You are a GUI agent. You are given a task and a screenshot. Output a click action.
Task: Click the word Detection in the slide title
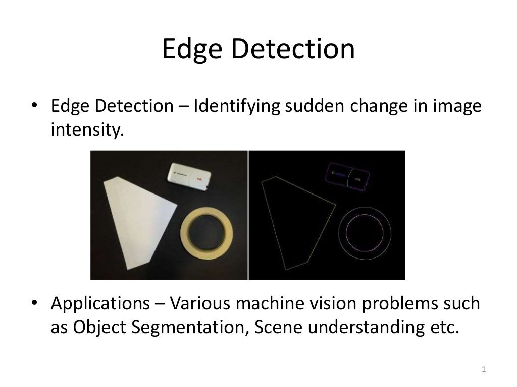[293, 50]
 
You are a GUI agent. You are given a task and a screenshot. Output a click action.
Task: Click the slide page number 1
[484, 370]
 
